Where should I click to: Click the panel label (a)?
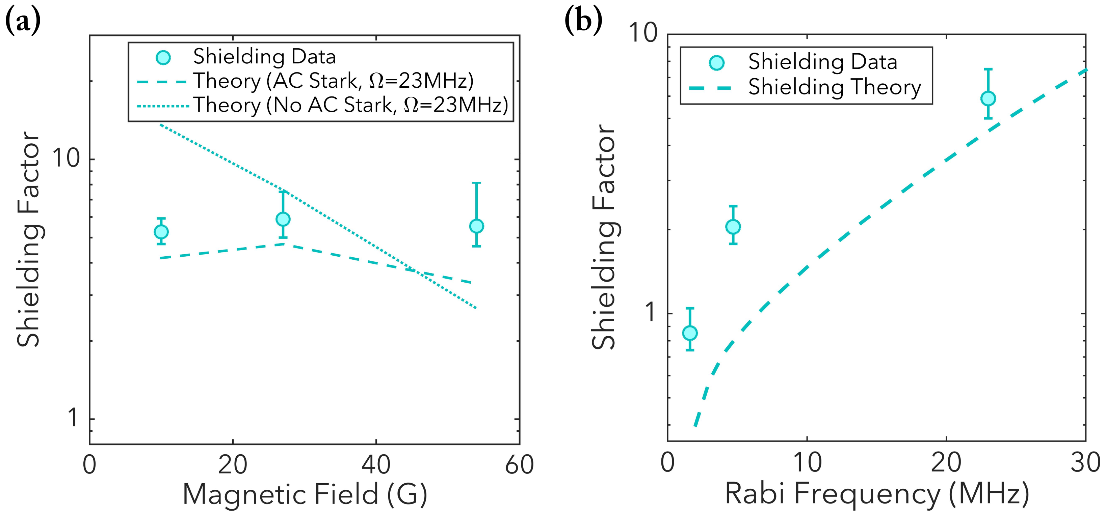point(22,22)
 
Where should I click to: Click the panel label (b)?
point(583,20)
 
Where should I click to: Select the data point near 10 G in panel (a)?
point(161,232)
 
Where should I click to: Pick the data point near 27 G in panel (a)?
point(283,219)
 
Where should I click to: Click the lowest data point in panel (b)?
point(689,333)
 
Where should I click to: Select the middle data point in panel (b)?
point(733,227)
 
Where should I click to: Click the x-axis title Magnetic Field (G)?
point(305,494)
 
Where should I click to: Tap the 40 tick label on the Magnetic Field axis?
point(376,464)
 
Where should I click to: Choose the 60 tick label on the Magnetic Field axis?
point(520,464)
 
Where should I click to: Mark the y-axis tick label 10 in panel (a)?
point(66,159)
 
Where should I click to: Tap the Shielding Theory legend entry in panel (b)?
point(835,87)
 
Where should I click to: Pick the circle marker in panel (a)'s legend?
point(163,57)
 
